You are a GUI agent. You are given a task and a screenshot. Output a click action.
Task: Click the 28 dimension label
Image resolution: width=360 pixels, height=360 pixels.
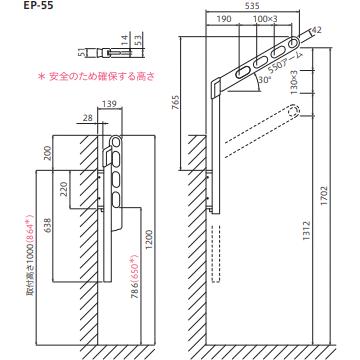point(90,118)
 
